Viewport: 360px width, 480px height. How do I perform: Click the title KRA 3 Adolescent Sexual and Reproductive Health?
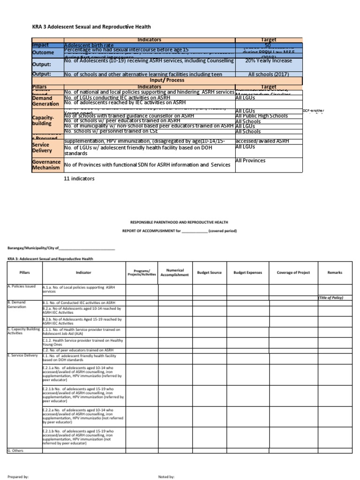pyautogui.click(x=91, y=27)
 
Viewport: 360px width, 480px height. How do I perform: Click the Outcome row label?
pyautogui.click(x=43, y=52)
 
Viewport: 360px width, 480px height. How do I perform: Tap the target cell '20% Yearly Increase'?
pyautogui.click(x=269, y=61)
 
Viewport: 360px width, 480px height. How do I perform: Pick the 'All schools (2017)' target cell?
pyautogui.click(x=269, y=74)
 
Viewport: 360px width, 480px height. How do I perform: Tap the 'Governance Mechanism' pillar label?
pyautogui.click(x=46, y=165)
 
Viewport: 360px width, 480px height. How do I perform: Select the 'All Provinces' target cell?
pyautogui.click(x=250, y=161)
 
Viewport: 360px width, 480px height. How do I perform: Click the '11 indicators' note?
pyautogui.click(x=79, y=179)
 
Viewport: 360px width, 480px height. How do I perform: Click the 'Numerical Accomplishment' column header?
pyautogui.click(x=174, y=272)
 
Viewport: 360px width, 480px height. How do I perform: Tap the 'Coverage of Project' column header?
pyautogui.click(x=293, y=272)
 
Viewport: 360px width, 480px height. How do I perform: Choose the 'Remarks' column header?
pyautogui.click(x=335, y=272)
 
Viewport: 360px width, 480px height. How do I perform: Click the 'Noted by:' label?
pyautogui.click(x=166, y=476)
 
